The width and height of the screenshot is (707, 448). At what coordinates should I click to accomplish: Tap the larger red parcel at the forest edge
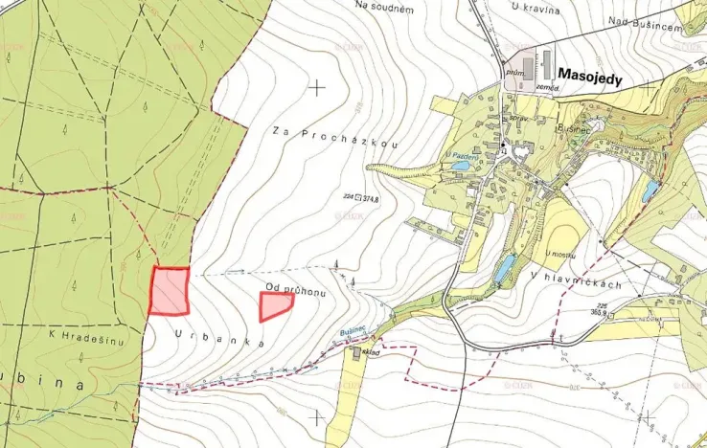coord(170,291)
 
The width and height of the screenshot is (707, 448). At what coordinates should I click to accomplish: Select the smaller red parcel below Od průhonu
coord(276,306)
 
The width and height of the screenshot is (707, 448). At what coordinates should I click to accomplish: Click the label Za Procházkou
coord(333,137)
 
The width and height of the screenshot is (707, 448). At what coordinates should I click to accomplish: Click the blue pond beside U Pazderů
coord(461,166)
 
